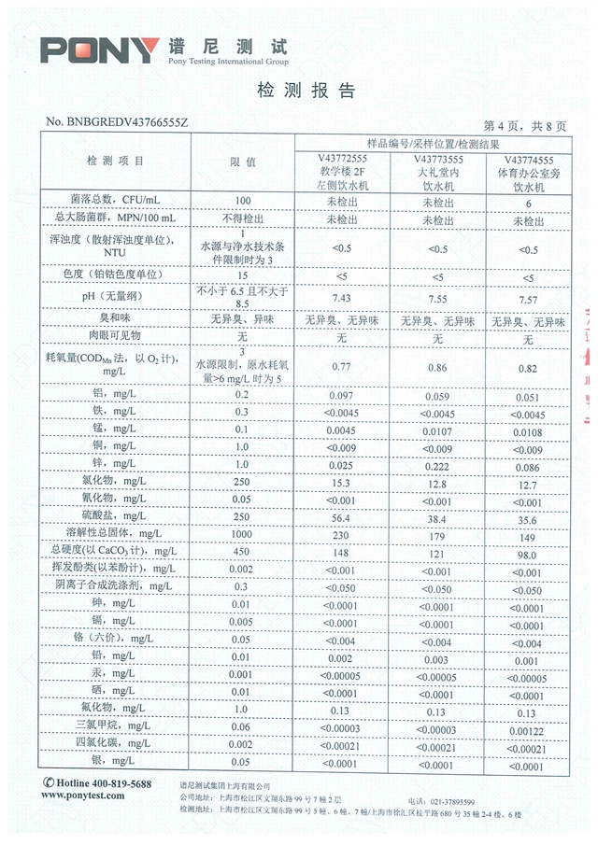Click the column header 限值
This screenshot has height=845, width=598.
pos(243,162)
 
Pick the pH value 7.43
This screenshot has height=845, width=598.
pos(341,297)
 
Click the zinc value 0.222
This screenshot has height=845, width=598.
pos(436,464)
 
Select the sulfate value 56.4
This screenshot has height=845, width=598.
pos(341,515)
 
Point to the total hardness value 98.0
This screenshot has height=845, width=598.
pos(529,552)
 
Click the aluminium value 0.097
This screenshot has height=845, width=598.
pos(341,396)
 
